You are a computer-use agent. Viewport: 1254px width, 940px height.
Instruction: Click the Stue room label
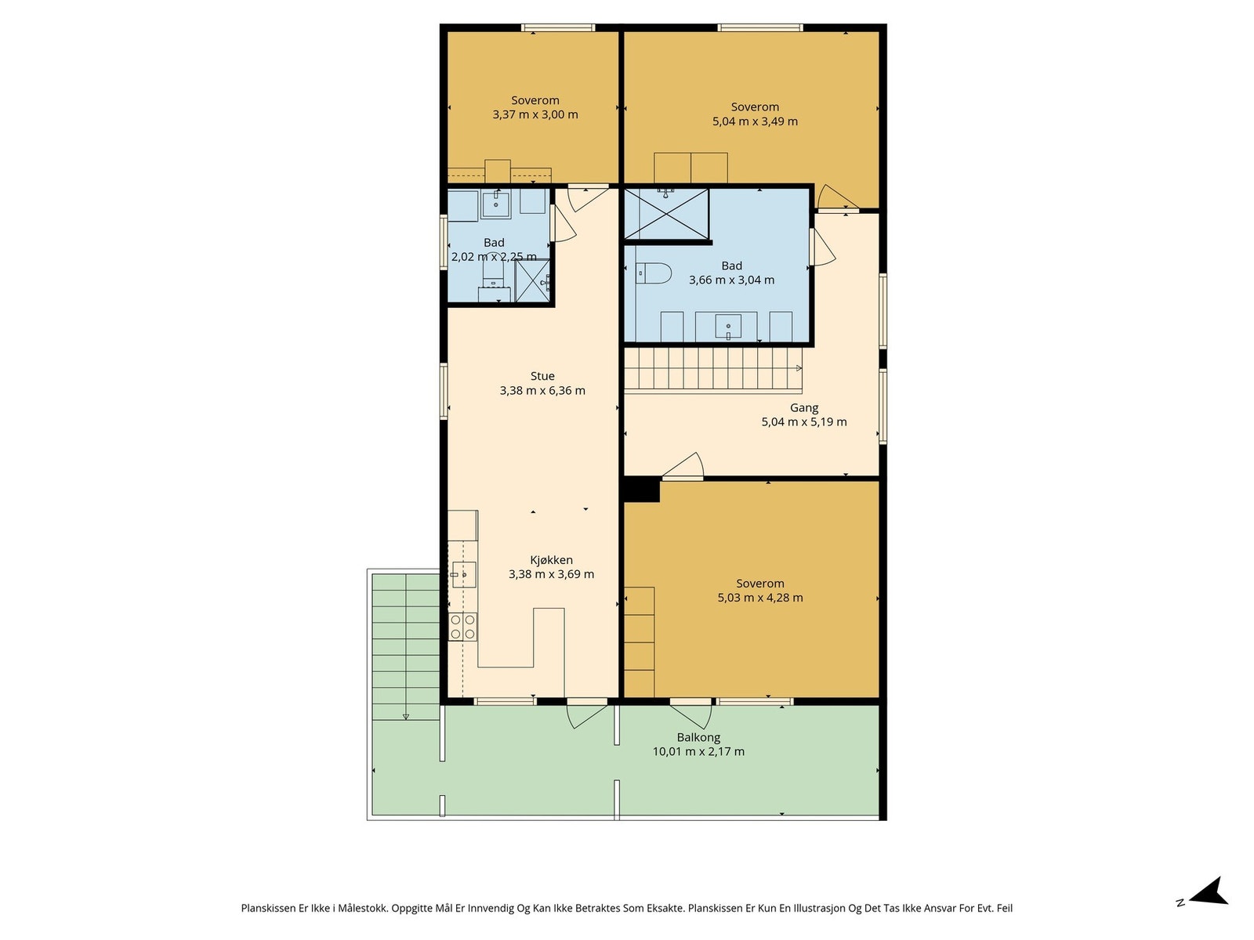542,376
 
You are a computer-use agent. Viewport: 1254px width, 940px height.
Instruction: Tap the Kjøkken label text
551,560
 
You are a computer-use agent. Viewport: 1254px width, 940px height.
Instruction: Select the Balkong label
698,737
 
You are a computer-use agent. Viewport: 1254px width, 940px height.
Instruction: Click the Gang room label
804,408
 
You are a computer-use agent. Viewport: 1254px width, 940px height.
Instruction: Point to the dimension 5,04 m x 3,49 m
754,121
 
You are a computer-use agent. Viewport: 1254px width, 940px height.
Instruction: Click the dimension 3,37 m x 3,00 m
535,114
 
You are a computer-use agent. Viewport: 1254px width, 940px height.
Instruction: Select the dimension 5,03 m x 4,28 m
759,598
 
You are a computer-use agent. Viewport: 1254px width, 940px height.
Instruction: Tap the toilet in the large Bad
652,273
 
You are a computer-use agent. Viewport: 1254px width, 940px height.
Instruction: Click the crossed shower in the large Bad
666,214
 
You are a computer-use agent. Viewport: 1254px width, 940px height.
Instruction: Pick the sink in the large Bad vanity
728,327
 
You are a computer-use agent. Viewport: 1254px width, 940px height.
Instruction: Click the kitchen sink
463,575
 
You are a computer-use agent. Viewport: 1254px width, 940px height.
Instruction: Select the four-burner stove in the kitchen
462,626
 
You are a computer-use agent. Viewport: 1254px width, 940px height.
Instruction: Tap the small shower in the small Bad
532,280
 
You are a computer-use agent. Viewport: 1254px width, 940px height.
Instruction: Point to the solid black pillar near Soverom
642,490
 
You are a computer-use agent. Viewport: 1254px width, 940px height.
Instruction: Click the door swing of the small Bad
564,223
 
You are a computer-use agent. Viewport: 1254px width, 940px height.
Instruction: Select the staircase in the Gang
713,370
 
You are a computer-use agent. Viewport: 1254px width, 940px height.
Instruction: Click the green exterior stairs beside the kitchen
406,647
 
